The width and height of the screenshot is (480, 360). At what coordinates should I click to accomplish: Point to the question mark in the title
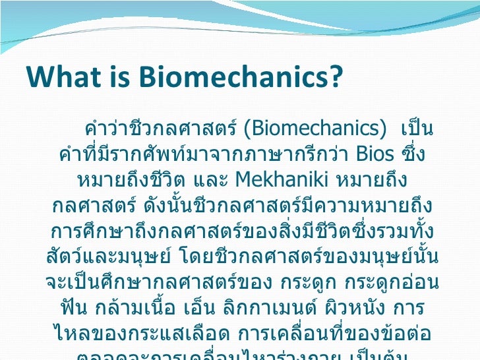pyautogui.click(x=336, y=77)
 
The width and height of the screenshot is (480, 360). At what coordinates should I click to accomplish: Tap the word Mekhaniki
pyautogui.click(x=282, y=179)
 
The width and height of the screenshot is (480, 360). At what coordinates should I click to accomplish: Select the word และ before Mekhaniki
pyautogui.click(x=212, y=179)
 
